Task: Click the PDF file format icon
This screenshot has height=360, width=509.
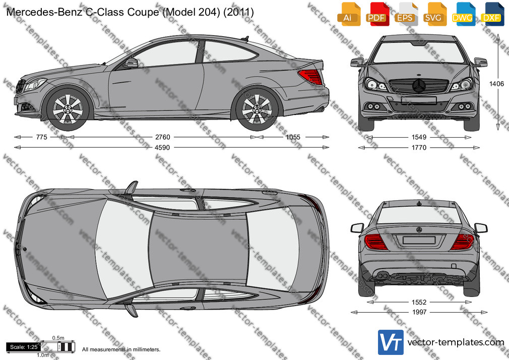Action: click(376, 14)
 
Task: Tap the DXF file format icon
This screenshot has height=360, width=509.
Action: click(491, 14)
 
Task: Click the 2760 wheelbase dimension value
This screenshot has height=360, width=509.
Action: click(162, 137)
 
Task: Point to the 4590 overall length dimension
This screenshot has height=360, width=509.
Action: click(162, 148)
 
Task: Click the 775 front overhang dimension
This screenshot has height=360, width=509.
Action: click(41, 137)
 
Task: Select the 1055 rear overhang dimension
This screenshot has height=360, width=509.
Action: click(293, 137)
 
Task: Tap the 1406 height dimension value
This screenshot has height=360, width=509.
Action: click(497, 84)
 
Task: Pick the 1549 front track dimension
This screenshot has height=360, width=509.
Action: click(419, 137)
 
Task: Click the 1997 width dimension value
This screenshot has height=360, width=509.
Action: click(419, 312)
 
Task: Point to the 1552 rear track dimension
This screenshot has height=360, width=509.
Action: click(419, 302)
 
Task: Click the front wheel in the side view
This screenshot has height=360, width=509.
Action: click(68, 109)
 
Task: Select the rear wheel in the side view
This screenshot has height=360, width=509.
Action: click(257, 109)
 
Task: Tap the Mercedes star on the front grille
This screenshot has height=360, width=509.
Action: click(419, 86)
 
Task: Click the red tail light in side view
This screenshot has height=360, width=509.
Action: click(311, 77)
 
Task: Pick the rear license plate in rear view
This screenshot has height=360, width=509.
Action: click(419, 240)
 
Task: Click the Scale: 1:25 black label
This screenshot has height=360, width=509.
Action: click(24, 347)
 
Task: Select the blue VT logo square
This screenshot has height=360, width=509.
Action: click(391, 342)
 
